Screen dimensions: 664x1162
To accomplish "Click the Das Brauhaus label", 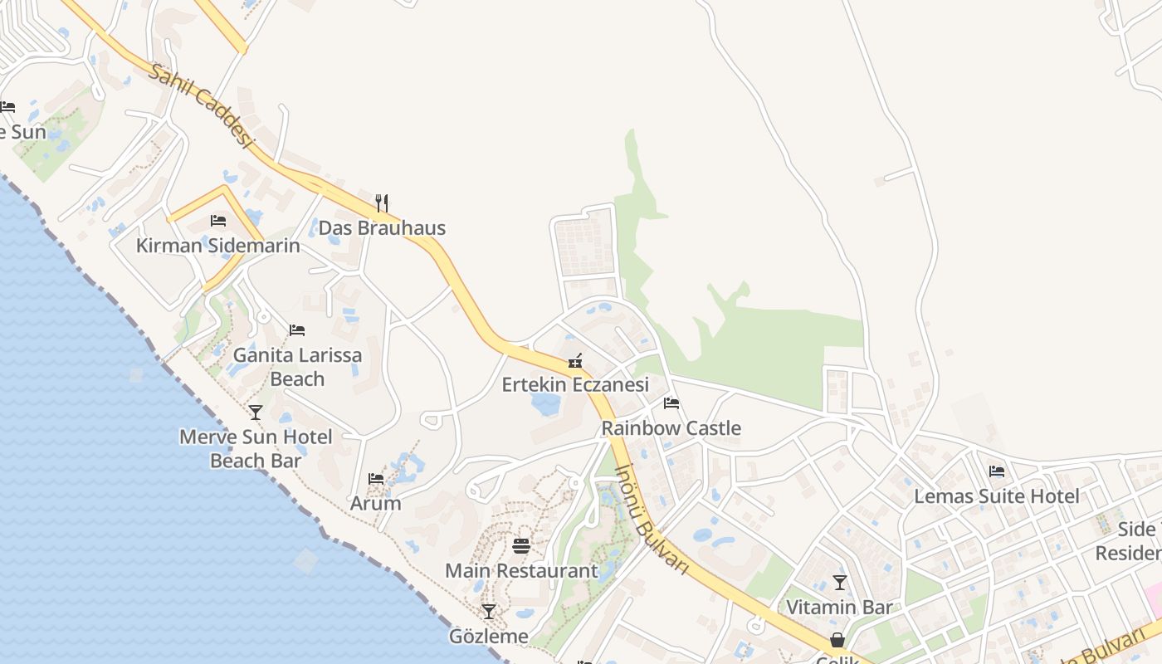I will pos(382,228).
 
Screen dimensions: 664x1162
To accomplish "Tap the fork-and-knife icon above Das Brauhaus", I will pos(382,203).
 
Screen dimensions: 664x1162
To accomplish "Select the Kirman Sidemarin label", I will pos(218,247).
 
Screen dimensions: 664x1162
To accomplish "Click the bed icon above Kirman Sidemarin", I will pos(218,221).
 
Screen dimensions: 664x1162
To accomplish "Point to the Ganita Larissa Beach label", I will pos(297,367).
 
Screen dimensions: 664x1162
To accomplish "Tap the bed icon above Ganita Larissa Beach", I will pos(297,330).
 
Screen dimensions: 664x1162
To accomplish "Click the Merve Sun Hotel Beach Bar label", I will pos(256,448).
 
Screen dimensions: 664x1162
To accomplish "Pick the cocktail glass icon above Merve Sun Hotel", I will pos(256,413).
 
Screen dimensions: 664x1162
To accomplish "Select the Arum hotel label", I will pos(376,504).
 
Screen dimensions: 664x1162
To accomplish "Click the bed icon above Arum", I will pos(376,479).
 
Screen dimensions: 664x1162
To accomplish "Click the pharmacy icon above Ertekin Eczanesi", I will pos(575,361).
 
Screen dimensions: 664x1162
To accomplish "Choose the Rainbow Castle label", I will pos(671,428).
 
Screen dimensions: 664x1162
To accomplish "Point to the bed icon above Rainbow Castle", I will pos(671,403).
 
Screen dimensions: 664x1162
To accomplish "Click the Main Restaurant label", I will pos(521,571).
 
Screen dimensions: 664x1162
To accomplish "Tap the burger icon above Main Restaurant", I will pos(521,546).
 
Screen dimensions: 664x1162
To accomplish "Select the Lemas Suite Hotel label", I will pos(997,496).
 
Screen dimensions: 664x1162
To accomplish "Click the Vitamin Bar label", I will pos(839,608).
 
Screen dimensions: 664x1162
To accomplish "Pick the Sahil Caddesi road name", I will pos(201,105).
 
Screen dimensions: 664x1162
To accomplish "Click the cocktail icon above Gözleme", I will pos(489,612).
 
